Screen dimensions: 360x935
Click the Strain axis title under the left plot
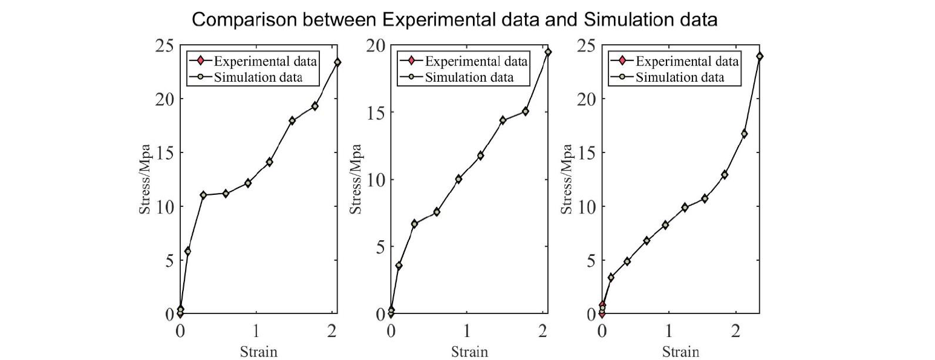[259, 351]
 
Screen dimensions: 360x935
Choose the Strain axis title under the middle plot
[469, 351]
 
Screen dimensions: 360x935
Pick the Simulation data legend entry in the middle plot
[468, 77]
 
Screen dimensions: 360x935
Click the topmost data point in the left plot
[337, 62]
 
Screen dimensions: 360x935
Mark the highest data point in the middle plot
[548, 52]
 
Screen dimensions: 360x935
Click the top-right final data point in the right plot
[760, 56]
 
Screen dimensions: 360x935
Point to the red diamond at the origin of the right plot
[602, 313]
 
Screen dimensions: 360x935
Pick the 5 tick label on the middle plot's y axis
[380, 247]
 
